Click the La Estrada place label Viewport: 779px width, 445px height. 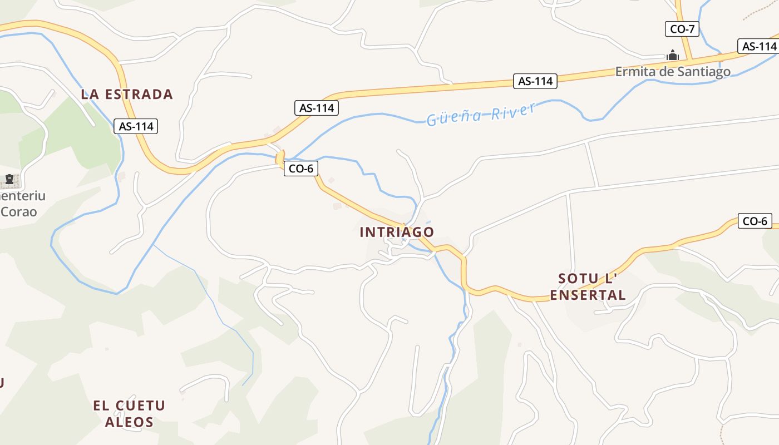click(x=127, y=94)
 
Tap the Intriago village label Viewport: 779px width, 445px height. click(x=397, y=232)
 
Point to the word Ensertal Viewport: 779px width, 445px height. click(x=588, y=295)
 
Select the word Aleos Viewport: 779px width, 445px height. click(x=129, y=422)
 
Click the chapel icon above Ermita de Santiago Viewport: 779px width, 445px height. click(x=673, y=55)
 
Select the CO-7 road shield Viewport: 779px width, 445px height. click(x=682, y=29)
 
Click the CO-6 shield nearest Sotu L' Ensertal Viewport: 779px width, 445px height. click(x=755, y=221)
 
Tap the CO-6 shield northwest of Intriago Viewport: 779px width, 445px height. click(x=301, y=169)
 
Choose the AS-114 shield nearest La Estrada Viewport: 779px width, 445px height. click(x=136, y=126)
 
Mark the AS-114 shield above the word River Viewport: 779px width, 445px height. click(x=535, y=81)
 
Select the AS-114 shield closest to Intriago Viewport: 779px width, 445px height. click(x=316, y=108)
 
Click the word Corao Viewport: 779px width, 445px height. click(x=19, y=212)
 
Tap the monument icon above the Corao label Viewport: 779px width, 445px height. click(x=9, y=180)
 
